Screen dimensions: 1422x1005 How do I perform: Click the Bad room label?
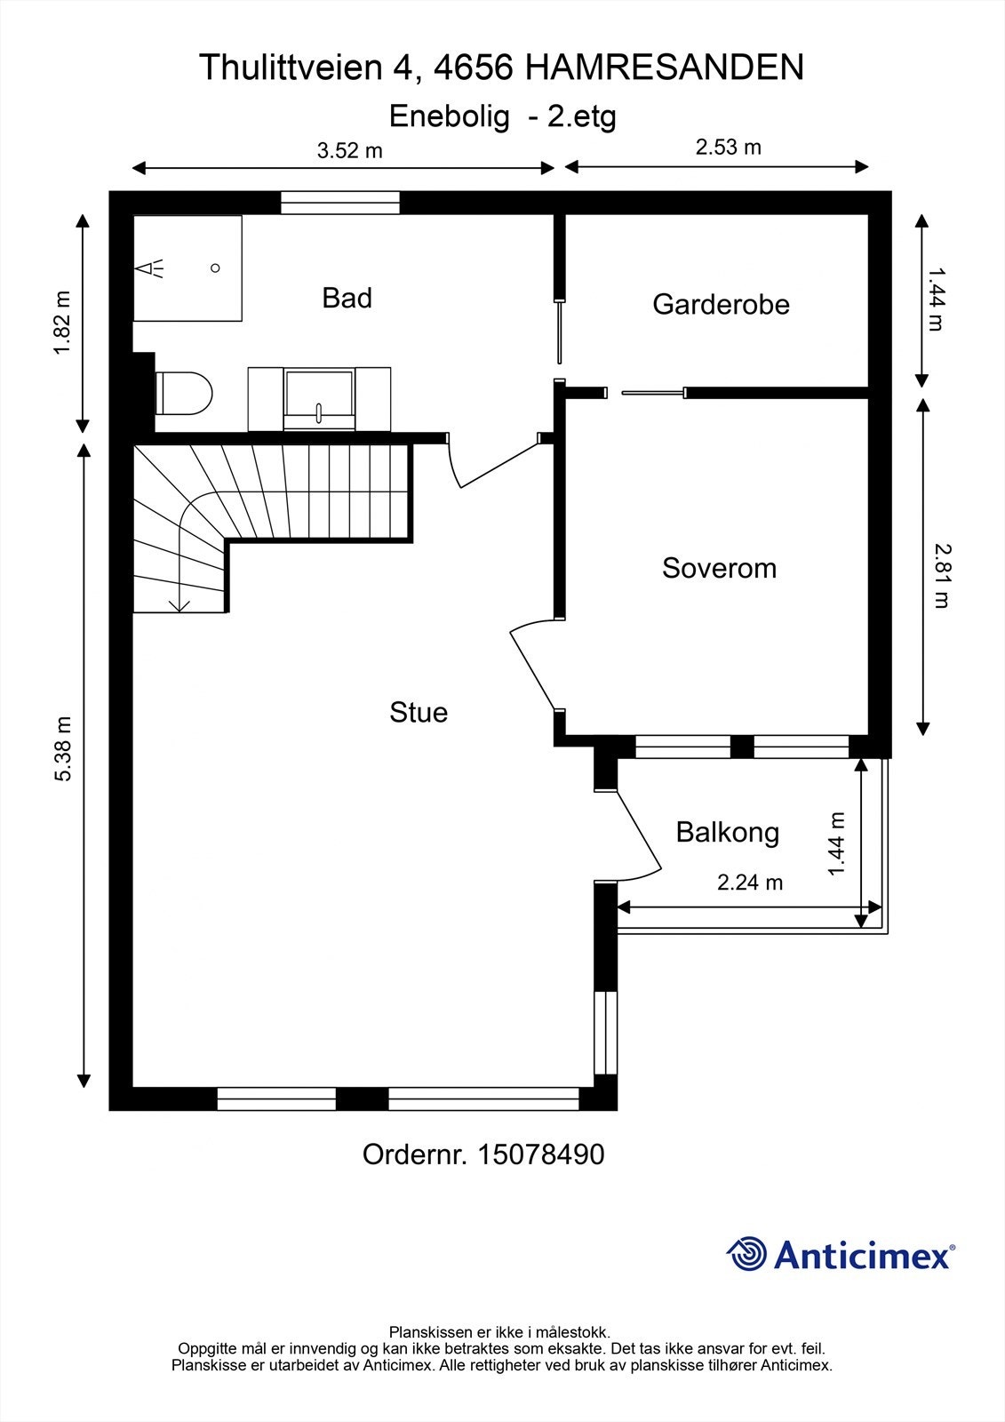pyautogui.click(x=347, y=298)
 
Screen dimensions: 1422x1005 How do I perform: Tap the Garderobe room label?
pyautogui.click(x=721, y=304)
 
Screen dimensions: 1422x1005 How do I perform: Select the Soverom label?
pyautogui.click(x=719, y=568)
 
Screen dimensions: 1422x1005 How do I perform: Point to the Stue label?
pyautogui.click(x=419, y=712)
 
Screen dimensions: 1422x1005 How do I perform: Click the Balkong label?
pyautogui.click(x=727, y=832)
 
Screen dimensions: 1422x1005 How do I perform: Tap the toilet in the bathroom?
pyautogui.click(x=184, y=393)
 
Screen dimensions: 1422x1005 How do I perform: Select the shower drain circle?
pyautogui.click(x=215, y=268)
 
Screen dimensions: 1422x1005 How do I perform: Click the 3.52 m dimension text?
pyautogui.click(x=349, y=150)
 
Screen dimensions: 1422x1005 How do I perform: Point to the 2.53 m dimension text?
pyautogui.click(x=728, y=147)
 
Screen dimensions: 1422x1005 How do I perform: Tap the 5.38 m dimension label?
pyautogui.click(x=62, y=748)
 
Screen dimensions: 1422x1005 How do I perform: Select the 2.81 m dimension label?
pyautogui.click(x=940, y=575)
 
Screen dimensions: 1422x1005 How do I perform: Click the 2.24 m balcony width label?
pyautogui.click(x=750, y=883)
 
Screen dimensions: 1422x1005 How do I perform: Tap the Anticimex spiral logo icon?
pyautogui.click(x=746, y=1254)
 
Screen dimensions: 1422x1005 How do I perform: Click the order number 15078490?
pyautogui.click(x=540, y=1154)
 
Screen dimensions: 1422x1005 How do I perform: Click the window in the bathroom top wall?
pyautogui.click(x=340, y=203)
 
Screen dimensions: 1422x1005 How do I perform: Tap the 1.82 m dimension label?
pyautogui.click(x=62, y=323)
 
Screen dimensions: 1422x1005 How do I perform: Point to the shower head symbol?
pyautogui.click(x=150, y=268)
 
